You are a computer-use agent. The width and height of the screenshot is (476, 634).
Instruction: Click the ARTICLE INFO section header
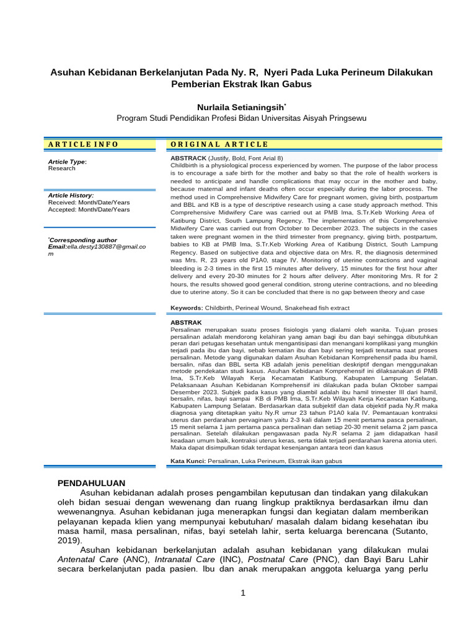point(82,144)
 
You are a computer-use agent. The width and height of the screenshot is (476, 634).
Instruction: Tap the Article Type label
point(67,162)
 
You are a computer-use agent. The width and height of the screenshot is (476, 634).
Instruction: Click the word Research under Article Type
point(61,168)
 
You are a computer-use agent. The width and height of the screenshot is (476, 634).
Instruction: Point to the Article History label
point(71,195)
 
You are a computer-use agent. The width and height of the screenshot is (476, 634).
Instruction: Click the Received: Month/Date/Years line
point(89,202)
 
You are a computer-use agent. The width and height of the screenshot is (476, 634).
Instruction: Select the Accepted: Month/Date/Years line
point(89,210)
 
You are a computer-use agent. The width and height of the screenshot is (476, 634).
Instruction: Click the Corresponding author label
point(82,240)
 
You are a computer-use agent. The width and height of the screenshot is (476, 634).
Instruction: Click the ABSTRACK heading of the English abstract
point(188,159)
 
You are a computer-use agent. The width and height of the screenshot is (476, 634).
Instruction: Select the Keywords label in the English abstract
point(187,308)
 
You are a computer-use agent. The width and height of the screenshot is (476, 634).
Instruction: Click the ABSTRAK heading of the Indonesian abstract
point(186,323)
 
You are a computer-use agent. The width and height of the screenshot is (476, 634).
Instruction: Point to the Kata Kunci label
point(188,461)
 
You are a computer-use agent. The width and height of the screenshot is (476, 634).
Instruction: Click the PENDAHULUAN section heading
point(92,482)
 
